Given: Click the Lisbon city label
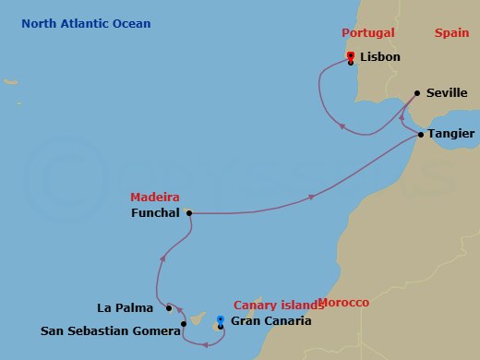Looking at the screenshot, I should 381,57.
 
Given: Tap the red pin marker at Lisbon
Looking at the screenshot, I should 351,56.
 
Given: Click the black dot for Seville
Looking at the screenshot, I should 417,92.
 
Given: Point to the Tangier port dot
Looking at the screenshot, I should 421,135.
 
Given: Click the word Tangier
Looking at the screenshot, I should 451,135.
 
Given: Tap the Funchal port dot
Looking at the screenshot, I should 189,212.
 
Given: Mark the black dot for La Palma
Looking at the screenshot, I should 169,307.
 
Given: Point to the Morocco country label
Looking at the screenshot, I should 343,303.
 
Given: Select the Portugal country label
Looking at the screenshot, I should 367,32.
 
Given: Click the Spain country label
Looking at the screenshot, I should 452,32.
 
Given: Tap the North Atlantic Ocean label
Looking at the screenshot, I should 87,23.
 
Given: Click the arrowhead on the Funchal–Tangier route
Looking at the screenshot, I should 313,197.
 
